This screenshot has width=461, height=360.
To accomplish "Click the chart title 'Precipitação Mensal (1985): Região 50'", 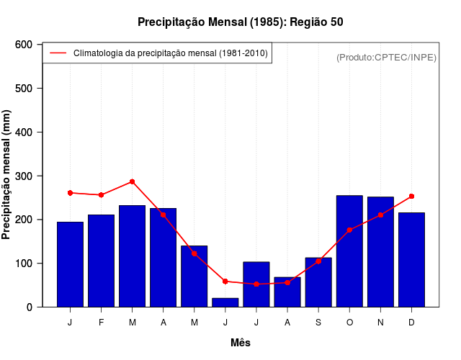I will click(241, 22).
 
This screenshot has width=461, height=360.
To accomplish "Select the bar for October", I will click(349, 251).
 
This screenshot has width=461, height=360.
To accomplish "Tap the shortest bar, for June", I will click(225, 302).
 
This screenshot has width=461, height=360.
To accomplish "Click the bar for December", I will click(411, 260).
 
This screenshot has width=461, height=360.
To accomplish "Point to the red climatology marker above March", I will click(132, 181).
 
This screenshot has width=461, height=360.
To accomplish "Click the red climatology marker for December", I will click(411, 196).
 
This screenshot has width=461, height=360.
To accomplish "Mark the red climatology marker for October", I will click(349, 230).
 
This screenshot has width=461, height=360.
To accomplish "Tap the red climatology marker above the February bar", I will click(101, 194).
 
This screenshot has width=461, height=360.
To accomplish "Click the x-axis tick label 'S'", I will click(318, 323).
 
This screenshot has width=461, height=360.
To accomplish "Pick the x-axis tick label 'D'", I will click(411, 323).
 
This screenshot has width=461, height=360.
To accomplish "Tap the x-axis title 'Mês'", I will click(241, 343).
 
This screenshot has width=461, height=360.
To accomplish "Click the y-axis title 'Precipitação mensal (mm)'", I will click(7, 176).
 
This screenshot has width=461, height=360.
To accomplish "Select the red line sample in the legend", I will click(58, 53).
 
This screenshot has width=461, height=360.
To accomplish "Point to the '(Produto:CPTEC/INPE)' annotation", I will click(386, 57).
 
